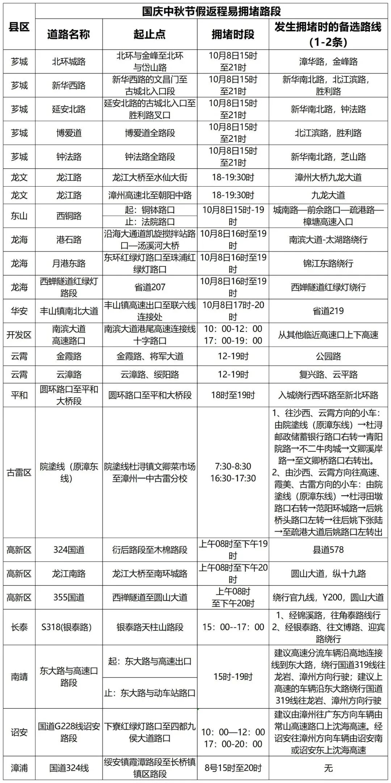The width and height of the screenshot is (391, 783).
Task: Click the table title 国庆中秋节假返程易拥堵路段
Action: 211,11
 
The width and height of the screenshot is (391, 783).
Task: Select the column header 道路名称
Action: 68,34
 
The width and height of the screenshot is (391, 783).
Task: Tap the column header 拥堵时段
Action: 233,34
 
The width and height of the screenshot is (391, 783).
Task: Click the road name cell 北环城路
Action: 68,61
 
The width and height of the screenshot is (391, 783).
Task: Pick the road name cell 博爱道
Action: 68,133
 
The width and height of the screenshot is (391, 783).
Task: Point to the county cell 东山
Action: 19,216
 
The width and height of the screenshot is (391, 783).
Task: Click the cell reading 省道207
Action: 150,287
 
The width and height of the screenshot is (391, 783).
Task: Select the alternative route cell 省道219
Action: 328,311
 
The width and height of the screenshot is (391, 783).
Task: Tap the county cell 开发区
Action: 19,335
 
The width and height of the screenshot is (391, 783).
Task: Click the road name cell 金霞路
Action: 68,356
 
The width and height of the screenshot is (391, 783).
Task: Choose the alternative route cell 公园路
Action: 328,356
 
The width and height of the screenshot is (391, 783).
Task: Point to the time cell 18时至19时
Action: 233,395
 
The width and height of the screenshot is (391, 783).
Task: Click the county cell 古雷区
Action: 19,472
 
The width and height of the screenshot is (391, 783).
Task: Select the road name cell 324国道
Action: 68,550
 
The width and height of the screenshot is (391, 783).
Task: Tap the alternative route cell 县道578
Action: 328,550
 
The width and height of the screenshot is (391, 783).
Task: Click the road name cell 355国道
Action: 68,597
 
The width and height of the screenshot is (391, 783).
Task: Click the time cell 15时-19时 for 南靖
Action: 233,676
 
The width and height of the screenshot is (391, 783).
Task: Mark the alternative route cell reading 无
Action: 328,768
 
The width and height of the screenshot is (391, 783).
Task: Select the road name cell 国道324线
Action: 68,768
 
